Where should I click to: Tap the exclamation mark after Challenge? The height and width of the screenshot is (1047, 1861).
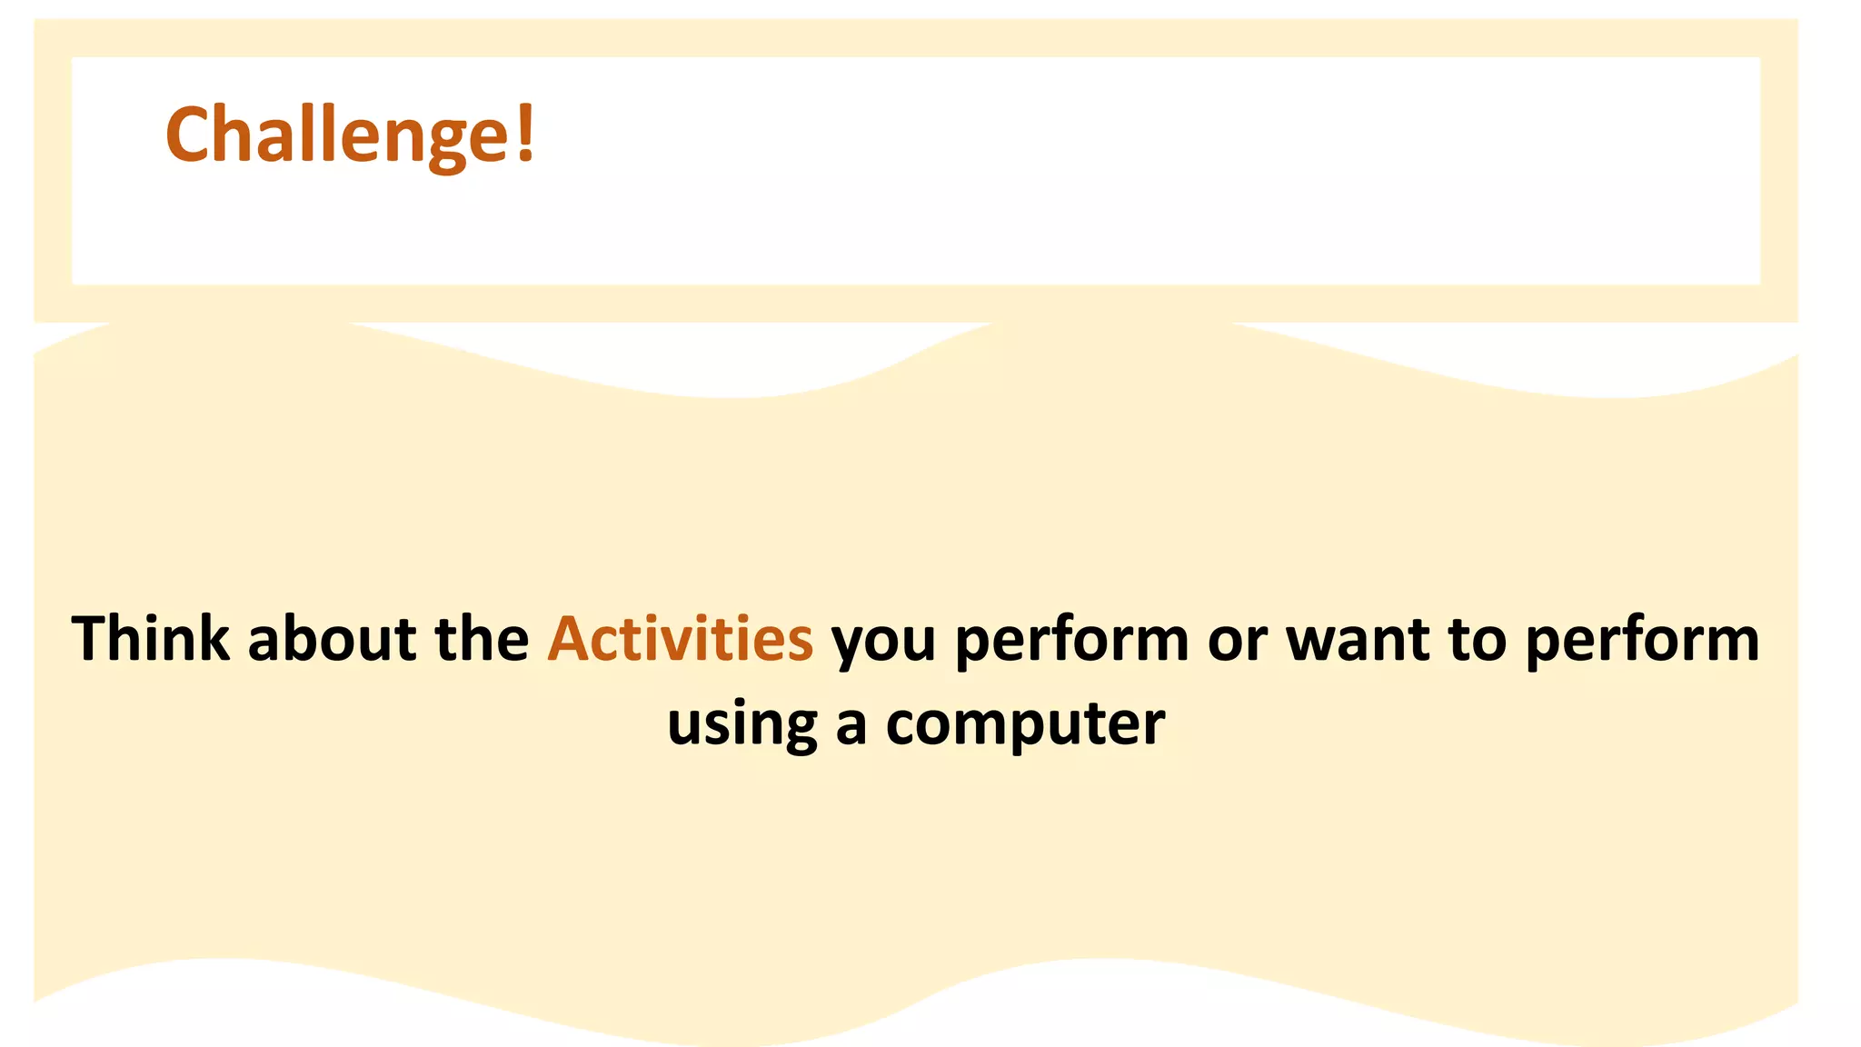[525, 133]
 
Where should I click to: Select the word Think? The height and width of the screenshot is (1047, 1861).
[151, 638]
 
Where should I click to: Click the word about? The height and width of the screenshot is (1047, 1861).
[332, 638]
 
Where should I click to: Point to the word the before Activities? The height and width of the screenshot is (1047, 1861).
[482, 638]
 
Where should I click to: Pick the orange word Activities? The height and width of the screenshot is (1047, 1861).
[680, 638]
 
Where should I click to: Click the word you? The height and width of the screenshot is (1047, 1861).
[883, 643]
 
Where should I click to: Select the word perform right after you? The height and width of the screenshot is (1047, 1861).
[1072, 642]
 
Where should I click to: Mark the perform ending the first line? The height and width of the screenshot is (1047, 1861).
[1642, 642]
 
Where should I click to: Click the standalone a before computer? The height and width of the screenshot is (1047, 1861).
[851, 726]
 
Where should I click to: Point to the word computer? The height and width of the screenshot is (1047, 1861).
[1025, 726]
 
